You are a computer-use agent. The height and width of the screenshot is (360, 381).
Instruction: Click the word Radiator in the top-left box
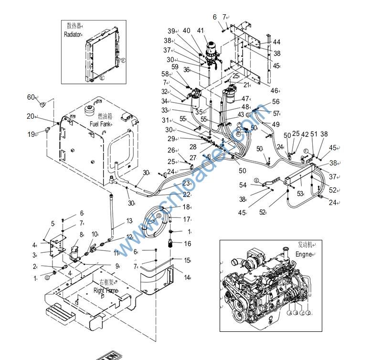point(73,34)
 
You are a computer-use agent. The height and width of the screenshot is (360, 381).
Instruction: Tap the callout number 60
point(31,97)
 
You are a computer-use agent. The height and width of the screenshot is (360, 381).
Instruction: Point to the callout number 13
point(129,221)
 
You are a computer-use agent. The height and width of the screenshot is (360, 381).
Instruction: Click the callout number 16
point(187,244)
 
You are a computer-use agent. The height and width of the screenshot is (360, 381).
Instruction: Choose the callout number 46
point(275,90)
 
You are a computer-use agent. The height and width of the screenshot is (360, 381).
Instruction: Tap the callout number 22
point(186,195)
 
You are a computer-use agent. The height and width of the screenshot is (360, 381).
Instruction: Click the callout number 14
point(188,277)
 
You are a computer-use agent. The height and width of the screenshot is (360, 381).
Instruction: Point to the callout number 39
point(171,31)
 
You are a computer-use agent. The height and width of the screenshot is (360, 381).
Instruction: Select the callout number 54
point(243,185)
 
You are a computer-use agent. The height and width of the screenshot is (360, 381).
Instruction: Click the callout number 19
point(31,134)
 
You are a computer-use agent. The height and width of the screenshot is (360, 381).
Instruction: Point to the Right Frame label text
point(105,290)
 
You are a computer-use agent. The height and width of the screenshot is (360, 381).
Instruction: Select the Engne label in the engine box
point(303,255)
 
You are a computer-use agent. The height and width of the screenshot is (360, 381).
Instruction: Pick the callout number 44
point(277,42)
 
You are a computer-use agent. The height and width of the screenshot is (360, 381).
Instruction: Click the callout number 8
point(82,235)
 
